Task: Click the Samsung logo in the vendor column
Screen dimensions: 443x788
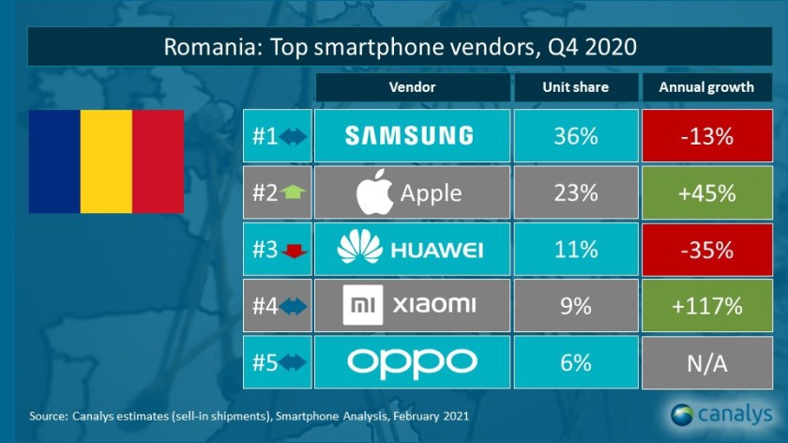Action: point(408,136)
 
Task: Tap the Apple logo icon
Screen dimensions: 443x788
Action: point(373,192)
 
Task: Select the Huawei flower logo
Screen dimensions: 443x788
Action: point(361,249)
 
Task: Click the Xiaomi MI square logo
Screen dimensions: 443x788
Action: point(361,305)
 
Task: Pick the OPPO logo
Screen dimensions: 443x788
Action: point(412,361)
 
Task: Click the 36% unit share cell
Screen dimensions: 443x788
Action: point(575,136)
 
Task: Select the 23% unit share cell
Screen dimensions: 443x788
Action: point(575,192)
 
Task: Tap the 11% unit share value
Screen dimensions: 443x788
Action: point(575,249)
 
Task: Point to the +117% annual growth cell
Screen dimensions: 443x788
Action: point(706,305)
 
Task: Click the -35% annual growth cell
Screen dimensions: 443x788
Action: point(706,249)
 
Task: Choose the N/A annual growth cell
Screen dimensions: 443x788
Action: point(706,361)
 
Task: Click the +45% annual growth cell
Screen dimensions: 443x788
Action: point(706,192)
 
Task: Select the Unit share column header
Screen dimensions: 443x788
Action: point(575,87)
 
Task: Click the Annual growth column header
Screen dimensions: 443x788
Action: point(706,87)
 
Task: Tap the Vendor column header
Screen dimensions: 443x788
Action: point(412,87)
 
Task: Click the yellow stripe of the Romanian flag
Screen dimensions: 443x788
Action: point(106,161)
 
